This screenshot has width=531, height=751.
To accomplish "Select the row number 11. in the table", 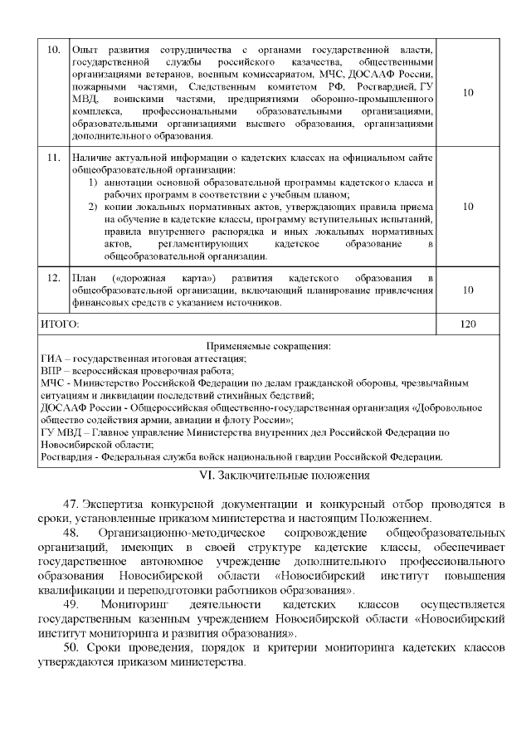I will pyautogui.click(x=52, y=156).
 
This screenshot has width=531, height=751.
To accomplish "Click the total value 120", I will pyautogui.click(x=468, y=324).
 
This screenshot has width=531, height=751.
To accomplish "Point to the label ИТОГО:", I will pyautogui.click(x=59, y=324).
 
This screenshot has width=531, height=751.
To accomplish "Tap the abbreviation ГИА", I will pyautogui.click(x=51, y=358).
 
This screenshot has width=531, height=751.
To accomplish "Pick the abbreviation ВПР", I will pyautogui.click(x=51, y=370).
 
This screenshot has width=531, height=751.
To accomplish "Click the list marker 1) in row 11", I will pyautogui.click(x=93, y=182).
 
